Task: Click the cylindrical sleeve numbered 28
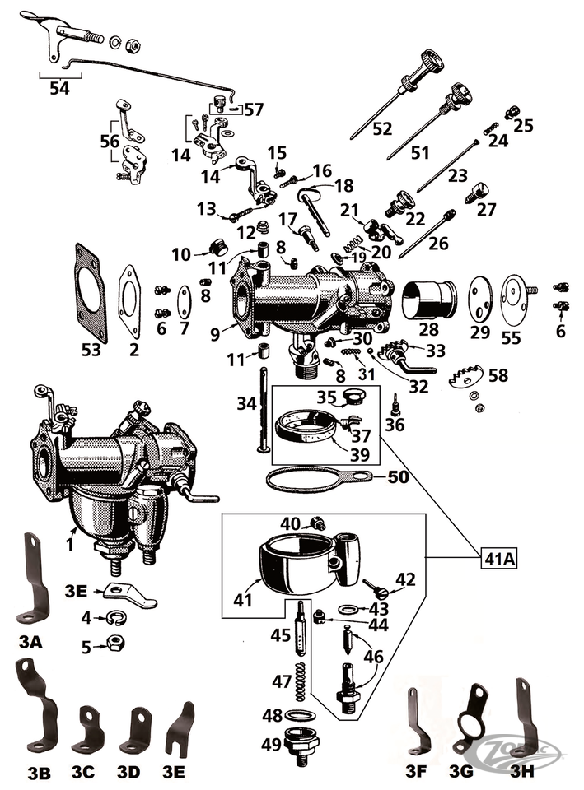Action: (x=430, y=300)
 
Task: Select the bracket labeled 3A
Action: (x=32, y=580)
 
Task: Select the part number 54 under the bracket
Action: (x=59, y=88)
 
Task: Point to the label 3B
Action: (x=39, y=771)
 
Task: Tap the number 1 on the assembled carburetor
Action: (x=71, y=543)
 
